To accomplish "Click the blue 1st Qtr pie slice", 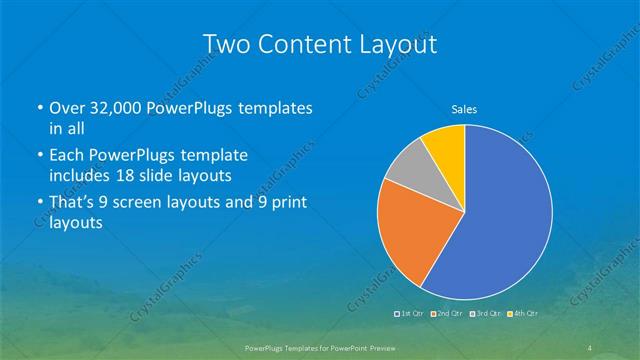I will click(x=500, y=220).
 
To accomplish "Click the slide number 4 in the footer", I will click(x=589, y=347).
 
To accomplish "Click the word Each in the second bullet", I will click(x=67, y=156).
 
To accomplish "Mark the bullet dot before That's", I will click(x=39, y=203).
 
